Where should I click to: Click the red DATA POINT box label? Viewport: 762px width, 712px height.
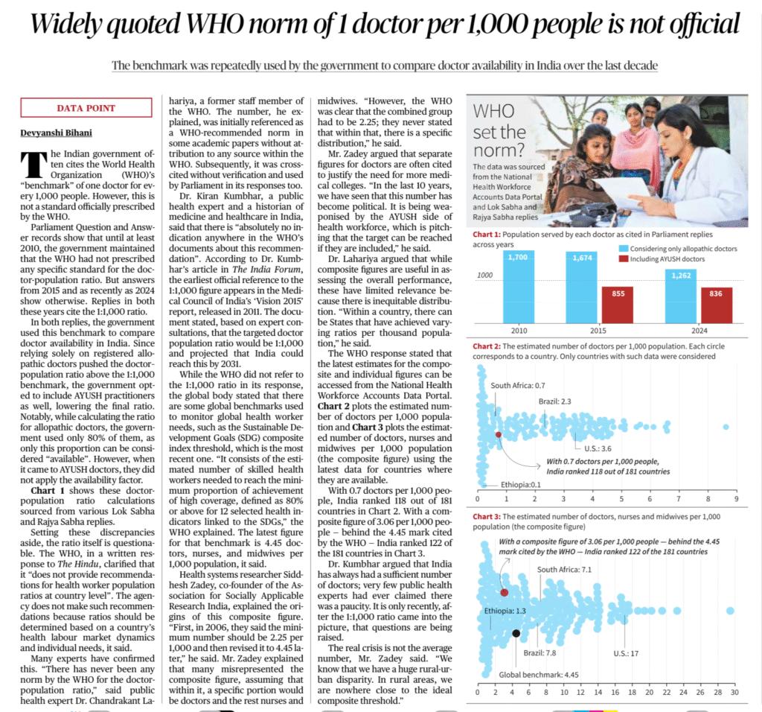(x=86, y=108)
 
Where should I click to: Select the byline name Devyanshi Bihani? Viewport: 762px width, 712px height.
(x=57, y=133)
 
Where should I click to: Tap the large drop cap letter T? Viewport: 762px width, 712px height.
(x=31, y=162)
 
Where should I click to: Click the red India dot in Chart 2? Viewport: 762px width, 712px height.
(x=498, y=433)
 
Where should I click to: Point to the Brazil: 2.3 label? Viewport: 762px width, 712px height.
(x=554, y=402)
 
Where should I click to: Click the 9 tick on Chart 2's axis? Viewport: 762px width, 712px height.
(x=735, y=499)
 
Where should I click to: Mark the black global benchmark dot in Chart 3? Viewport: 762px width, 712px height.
(x=516, y=633)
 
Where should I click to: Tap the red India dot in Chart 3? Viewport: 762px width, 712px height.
(x=504, y=593)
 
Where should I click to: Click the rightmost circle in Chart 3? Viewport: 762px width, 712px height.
(x=730, y=611)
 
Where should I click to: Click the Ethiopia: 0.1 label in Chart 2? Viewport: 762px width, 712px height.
(x=520, y=484)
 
